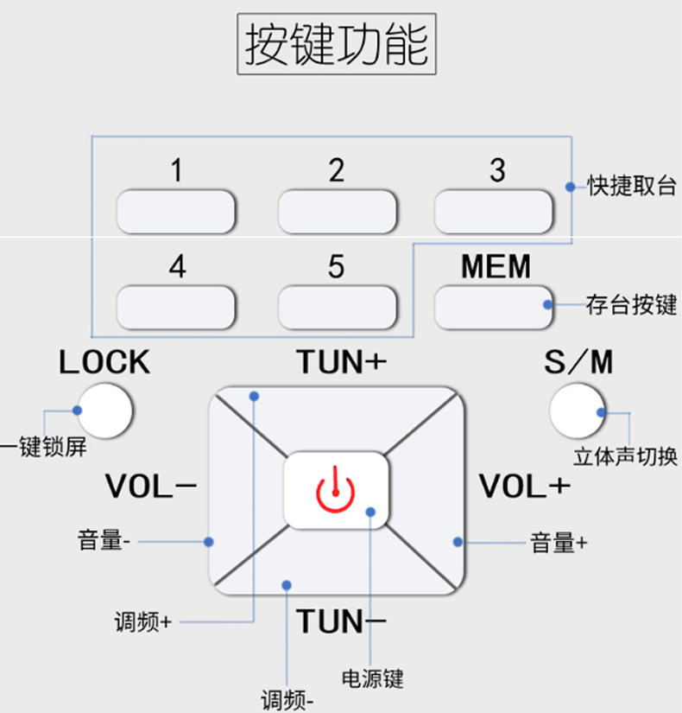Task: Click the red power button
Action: click(x=335, y=490)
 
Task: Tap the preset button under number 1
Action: click(x=176, y=212)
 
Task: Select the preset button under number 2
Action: click(x=337, y=212)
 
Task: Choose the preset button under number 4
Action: click(x=176, y=306)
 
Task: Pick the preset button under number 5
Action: click(x=337, y=306)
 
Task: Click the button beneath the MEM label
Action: click(x=494, y=306)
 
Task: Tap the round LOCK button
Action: click(x=104, y=410)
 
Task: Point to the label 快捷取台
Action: click(x=631, y=187)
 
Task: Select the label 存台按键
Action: click(x=631, y=305)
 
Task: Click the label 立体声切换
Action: click(x=626, y=457)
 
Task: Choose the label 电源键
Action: click(x=372, y=678)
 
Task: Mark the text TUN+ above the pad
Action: click(x=342, y=362)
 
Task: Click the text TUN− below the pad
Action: click(x=342, y=621)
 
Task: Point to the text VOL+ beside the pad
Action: click(x=525, y=487)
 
